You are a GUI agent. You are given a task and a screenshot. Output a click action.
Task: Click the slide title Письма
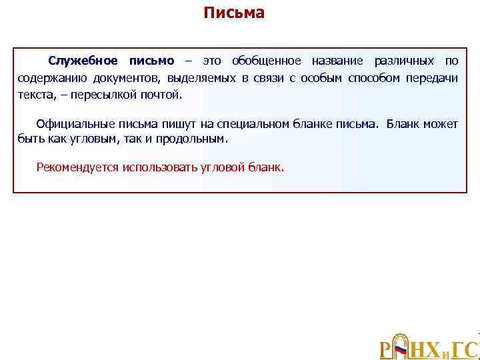click(234, 13)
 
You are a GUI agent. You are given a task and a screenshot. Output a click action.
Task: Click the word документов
click(121, 78)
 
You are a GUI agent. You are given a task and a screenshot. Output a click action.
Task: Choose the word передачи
click(434, 78)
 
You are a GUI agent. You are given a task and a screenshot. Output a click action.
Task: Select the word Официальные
click(75, 124)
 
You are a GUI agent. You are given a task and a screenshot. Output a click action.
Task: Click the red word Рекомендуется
click(77, 167)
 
